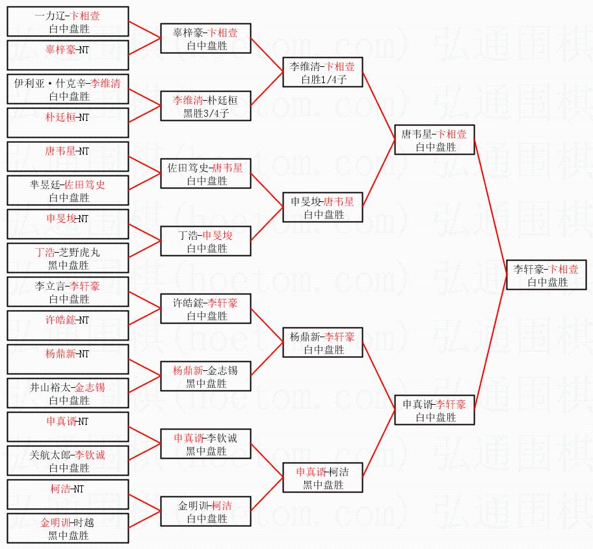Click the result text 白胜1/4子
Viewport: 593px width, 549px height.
point(323,79)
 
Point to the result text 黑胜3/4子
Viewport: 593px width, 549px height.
point(205,113)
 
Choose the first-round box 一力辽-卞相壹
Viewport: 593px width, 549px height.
point(68,21)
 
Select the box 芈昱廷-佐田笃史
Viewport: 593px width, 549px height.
point(68,190)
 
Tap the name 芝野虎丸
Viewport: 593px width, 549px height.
point(82,252)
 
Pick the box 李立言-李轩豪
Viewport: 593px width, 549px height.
point(68,292)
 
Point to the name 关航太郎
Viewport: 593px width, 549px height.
point(51,455)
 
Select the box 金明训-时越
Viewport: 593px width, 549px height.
point(68,528)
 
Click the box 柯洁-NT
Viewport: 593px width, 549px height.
point(68,494)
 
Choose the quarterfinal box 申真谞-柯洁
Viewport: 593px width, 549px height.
point(323,478)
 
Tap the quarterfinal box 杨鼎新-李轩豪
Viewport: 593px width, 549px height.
point(323,342)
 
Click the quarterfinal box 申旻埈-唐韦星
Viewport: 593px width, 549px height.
point(323,207)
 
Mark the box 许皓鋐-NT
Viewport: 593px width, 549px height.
point(68,326)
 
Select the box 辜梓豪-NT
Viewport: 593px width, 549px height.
point(68,55)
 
